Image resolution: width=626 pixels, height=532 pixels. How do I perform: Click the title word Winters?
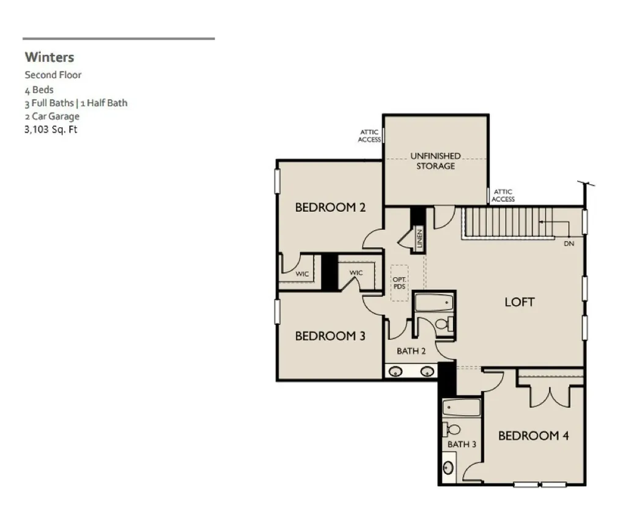(x=50, y=57)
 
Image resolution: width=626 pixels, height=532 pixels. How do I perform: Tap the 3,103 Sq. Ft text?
(x=51, y=130)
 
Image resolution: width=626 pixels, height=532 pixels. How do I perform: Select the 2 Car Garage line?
(x=52, y=116)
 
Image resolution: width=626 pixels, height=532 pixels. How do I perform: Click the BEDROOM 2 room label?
(x=330, y=207)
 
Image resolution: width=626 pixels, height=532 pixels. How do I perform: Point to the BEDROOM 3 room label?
(x=330, y=336)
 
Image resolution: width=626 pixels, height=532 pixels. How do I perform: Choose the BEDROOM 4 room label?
(x=533, y=435)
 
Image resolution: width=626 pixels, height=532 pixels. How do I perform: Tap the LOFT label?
(x=520, y=302)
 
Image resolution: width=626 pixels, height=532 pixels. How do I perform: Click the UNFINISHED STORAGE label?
(x=435, y=161)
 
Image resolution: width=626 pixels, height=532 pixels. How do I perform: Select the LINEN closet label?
(x=419, y=239)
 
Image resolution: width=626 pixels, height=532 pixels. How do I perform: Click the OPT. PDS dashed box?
(x=399, y=283)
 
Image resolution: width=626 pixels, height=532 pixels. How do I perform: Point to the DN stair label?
(x=569, y=243)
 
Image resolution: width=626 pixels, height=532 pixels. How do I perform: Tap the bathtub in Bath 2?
(x=434, y=303)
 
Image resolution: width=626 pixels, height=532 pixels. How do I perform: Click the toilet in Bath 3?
(x=451, y=430)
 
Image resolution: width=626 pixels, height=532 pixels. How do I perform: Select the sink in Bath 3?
(x=448, y=467)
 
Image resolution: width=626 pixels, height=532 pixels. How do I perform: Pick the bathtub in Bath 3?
(x=462, y=408)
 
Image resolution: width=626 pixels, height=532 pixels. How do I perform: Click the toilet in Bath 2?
(x=444, y=323)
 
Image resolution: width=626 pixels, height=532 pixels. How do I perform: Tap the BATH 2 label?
(x=411, y=351)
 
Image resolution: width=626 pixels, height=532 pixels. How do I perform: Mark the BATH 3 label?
(x=462, y=444)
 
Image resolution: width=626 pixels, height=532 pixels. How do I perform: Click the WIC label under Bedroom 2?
(x=302, y=274)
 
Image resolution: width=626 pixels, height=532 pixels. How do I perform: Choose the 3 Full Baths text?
(x=49, y=103)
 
